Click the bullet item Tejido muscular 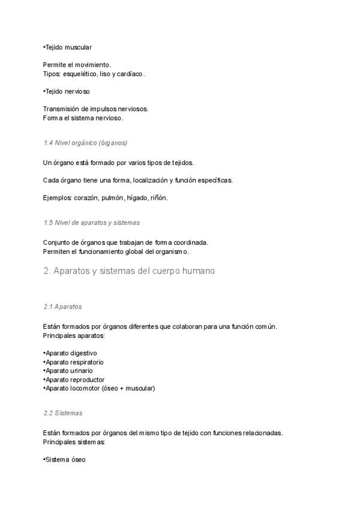67,47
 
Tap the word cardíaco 131,74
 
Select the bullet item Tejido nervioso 67,91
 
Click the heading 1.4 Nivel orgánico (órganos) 85,143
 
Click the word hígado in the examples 138,197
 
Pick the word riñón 160,197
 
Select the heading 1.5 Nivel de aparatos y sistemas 92,222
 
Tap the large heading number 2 46,271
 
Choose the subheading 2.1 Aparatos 62,306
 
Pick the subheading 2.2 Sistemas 63,413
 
